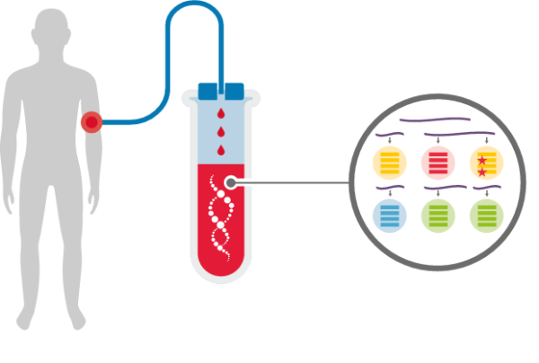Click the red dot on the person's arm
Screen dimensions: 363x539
pos(91,122)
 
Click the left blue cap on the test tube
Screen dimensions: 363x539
pos(208,91)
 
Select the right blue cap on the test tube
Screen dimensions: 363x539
pos(234,91)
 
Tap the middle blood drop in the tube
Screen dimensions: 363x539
pos(221,133)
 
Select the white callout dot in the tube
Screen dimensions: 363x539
pos(231,182)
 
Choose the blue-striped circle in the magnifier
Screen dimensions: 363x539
pos(389,216)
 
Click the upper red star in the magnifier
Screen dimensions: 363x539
pos(482,160)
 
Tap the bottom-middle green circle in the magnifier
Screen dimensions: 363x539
pos(437,216)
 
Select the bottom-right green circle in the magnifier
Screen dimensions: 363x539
pos(486,216)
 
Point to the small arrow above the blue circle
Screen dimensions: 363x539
pos(389,191)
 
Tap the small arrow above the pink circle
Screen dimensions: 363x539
pos(437,140)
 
